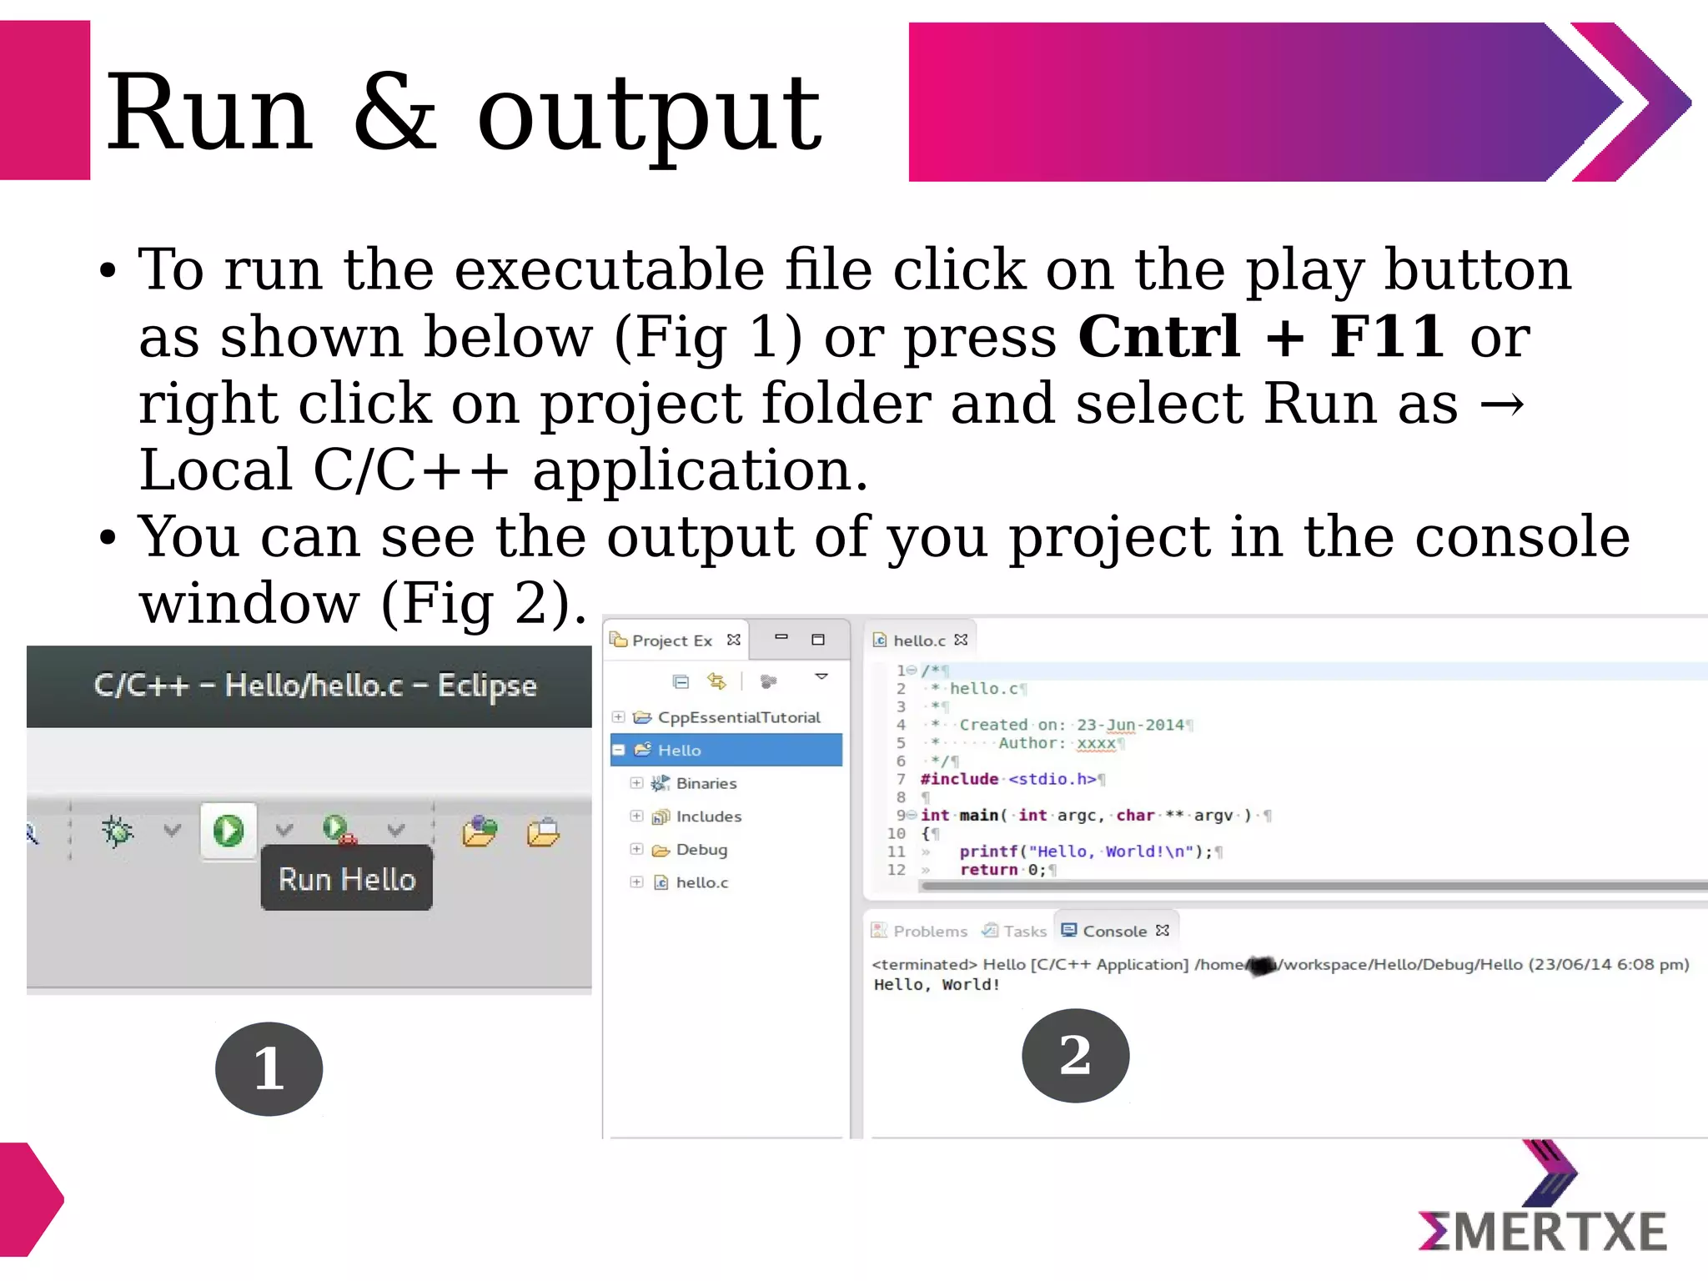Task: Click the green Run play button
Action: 228,831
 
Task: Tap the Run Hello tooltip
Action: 347,879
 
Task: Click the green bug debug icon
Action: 118,831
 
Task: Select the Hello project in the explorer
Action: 679,750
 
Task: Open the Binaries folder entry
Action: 706,783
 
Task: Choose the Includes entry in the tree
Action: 708,816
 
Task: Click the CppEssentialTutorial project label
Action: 738,717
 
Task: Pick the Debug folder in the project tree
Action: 701,850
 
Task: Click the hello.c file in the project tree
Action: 701,882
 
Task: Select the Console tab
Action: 1113,931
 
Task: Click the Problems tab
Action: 929,931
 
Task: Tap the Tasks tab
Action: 1024,931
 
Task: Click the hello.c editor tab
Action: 918,640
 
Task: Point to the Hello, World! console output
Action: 937,985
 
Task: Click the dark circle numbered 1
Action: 269,1068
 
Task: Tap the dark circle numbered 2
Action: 1075,1055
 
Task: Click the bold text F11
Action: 1386,337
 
